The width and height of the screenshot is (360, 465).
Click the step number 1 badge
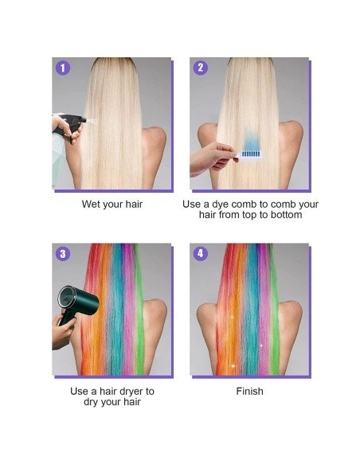[x=63, y=68]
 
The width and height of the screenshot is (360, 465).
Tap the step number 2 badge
[x=200, y=68]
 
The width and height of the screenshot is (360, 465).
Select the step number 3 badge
[x=63, y=254]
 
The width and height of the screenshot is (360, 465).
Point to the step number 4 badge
[x=200, y=254]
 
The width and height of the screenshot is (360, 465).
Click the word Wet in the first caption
[x=92, y=205]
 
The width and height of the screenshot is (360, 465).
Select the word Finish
[x=249, y=392]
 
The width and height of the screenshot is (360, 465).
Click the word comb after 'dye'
[x=253, y=205]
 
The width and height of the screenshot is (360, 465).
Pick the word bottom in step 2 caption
[x=286, y=215]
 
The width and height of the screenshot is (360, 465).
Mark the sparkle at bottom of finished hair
[x=233, y=365]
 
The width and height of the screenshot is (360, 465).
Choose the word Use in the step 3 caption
[x=80, y=392]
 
